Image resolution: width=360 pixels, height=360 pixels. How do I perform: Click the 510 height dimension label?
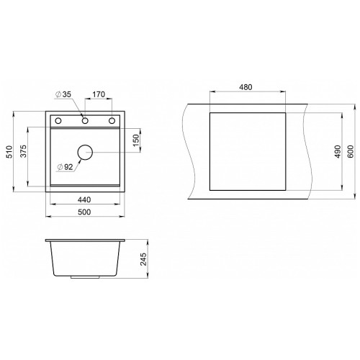9,152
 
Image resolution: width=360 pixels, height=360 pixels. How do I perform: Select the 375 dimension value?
24,151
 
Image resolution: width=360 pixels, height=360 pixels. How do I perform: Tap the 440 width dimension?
84,199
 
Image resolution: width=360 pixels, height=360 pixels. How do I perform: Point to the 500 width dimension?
84,212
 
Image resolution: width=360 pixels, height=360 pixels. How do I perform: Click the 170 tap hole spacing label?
99,94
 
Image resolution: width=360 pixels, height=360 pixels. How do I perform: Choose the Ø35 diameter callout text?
63,94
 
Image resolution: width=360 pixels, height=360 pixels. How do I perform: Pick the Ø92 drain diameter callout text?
65,167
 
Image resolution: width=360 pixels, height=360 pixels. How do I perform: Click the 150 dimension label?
136,140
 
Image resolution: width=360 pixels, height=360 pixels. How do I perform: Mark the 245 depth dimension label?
143,259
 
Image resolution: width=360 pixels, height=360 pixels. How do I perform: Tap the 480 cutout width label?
246,87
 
